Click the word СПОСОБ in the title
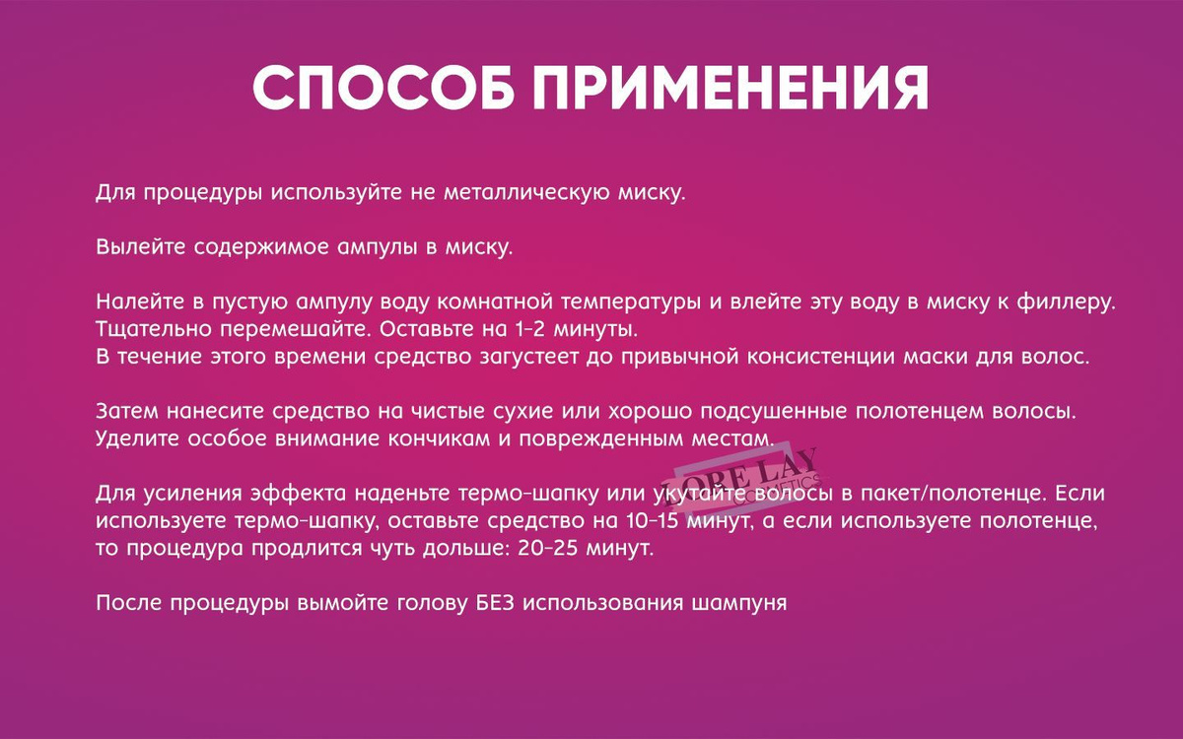[x=383, y=88]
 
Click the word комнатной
[x=495, y=302]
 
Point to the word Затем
[x=127, y=411]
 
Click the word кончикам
[x=439, y=439]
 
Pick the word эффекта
[x=299, y=494]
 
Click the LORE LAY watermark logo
[x=744, y=482]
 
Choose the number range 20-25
[x=548, y=549]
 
